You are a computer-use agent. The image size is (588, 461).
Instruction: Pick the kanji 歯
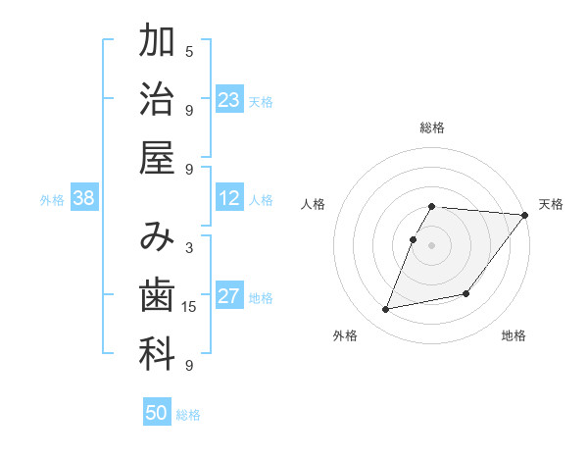(157, 295)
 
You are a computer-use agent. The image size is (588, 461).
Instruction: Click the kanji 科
(157, 354)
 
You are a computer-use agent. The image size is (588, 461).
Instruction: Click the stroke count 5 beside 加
(189, 51)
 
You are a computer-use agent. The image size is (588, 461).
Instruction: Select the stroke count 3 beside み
(189, 248)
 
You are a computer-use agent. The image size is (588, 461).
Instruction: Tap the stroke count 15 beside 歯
(189, 307)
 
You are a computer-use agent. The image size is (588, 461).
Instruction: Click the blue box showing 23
(229, 100)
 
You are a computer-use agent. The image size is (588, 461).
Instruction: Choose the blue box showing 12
(229, 199)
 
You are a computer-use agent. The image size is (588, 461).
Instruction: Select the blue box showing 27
(229, 297)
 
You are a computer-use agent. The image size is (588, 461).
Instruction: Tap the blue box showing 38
(83, 199)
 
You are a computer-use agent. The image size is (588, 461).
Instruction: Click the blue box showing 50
(157, 414)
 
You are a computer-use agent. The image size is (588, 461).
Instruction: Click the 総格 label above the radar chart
(432, 128)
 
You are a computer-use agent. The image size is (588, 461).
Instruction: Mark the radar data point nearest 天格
(524, 217)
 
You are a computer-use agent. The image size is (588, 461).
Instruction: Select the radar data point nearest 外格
(386, 310)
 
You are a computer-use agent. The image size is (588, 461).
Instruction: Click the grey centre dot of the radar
(432, 245)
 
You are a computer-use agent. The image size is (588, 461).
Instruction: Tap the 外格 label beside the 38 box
(52, 200)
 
